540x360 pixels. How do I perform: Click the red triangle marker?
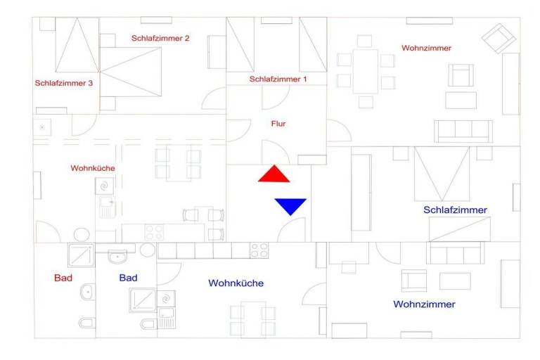point(274,175)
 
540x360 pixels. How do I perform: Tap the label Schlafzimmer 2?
point(160,38)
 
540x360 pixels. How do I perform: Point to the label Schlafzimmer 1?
point(278,79)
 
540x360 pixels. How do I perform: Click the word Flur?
point(278,124)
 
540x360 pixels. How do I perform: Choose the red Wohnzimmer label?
point(426,48)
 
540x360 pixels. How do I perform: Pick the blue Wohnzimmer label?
point(424,304)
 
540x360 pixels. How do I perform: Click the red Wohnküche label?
point(92,168)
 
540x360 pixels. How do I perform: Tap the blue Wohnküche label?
point(236,283)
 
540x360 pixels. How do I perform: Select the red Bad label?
point(63,278)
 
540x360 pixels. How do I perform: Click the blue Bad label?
point(128,278)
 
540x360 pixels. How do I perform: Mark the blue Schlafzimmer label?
point(455,210)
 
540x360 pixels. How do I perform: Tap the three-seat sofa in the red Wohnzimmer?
point(463,131)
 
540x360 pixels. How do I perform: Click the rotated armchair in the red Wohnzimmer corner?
point(499,38)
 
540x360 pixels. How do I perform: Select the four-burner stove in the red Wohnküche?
point(154,232)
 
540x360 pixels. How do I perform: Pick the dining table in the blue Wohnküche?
point(252,318)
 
